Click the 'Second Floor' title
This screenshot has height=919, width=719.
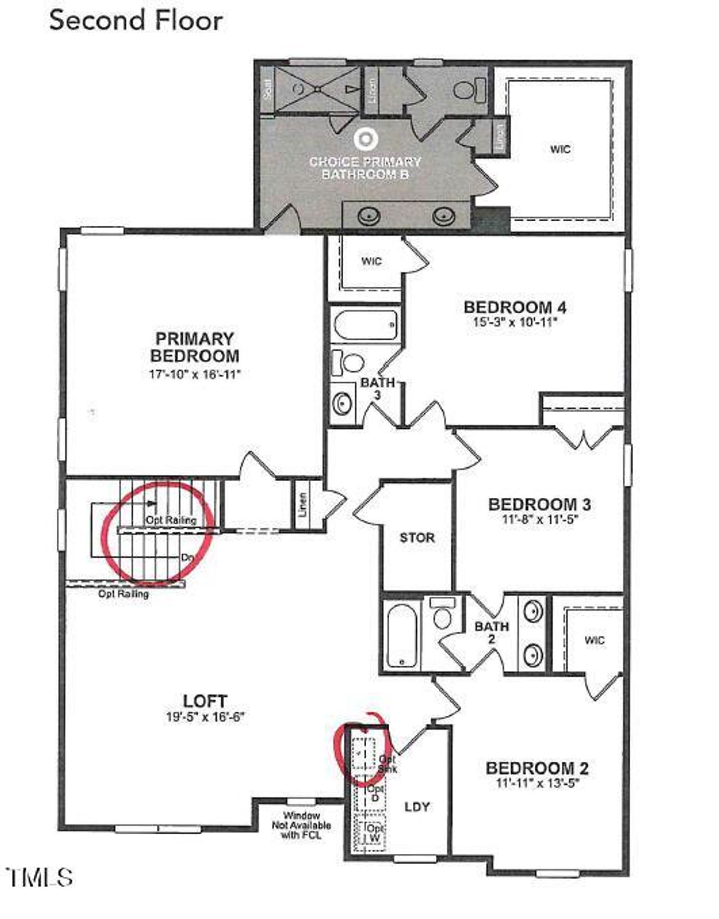136,21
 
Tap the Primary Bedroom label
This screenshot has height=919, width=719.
194,347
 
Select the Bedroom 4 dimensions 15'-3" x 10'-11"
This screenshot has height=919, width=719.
515,323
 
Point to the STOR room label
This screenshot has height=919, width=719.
417,538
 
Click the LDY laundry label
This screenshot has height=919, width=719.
417,807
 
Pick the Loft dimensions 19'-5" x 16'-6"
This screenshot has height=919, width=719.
205,717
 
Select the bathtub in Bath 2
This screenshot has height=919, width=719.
402,634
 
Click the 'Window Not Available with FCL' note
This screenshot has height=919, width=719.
301,825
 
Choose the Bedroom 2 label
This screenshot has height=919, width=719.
536,768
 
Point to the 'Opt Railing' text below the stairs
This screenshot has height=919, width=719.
124,593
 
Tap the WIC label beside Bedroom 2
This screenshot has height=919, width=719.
594,640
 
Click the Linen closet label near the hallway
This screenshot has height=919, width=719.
303,504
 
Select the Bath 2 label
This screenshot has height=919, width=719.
492,632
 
